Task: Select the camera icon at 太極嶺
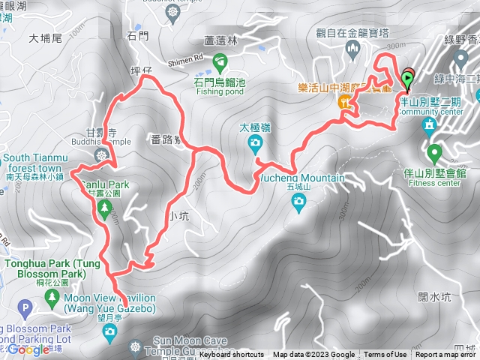click(x=255, y=142)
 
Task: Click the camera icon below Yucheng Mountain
click(x=298, y=200)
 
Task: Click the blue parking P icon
click(x=25, y=307)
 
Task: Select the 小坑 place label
click(x=178, y=216)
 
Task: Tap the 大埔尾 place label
click(x=43, y=37)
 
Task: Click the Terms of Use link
click(x=385, y=355)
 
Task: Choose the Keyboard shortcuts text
click(x=232, y=355)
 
